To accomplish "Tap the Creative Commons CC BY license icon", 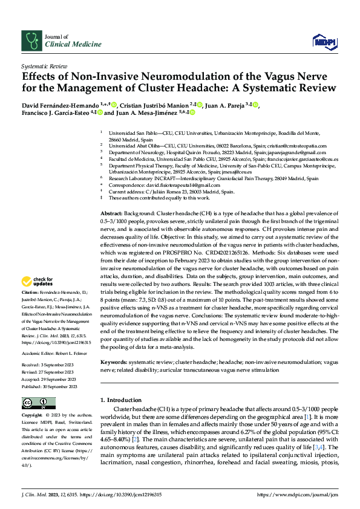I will point(35,403).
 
